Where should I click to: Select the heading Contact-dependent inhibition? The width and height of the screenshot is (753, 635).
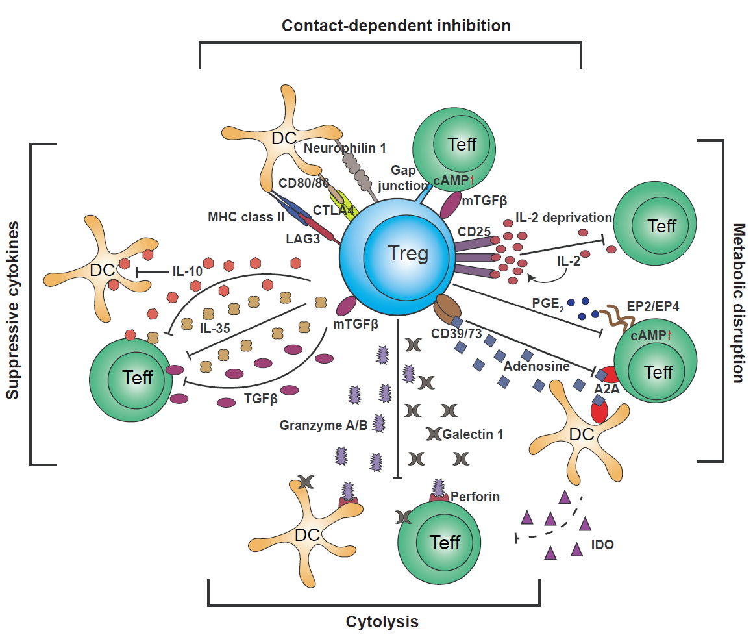396,26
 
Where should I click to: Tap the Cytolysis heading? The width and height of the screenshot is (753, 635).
382,621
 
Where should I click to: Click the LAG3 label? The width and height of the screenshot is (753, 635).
303,239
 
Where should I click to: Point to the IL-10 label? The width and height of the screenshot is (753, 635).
188,271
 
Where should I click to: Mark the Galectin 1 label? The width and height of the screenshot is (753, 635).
473,434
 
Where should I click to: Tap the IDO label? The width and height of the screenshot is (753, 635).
603,544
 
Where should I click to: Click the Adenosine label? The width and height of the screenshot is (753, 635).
536,366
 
